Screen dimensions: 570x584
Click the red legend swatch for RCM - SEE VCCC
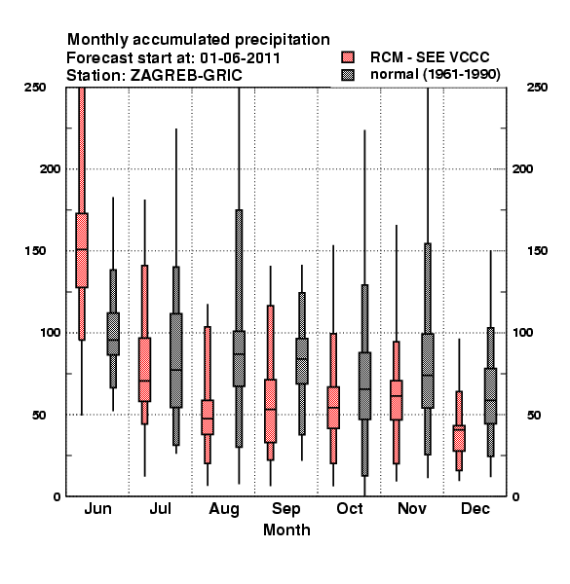click(x=348, y=57)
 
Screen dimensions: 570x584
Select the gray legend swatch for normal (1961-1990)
click(x=348, y=75)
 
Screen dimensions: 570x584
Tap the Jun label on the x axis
click(x=97, y=509)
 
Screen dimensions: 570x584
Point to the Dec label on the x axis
click(x=475, y=509)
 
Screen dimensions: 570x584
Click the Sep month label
click(x=286, y=509)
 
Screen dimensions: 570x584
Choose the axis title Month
click(x=286, y=529)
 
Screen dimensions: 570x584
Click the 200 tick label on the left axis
click(x=50, y=168)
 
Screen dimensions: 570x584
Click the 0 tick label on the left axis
click(x=57, y=496)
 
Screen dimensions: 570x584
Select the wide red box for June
click(x=82, y=250)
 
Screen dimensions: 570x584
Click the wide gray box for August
click(x=239, y=358)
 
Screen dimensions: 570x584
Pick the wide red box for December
click(x=459, y=438)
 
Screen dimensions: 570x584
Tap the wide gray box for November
click(x=428, y=371)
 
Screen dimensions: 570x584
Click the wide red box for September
click(x=270, y=411)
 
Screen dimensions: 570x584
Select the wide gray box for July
click(x=176, y=360)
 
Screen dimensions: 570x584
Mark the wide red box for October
click(x=333, y=408)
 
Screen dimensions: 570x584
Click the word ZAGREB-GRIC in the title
click(x=186, y=76)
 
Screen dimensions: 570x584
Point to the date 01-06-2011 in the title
click(x=240, y=58)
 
